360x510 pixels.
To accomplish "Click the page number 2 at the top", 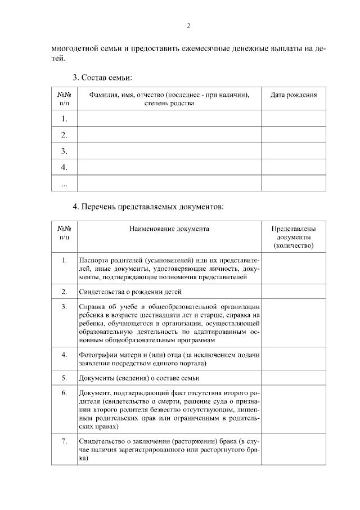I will pos(188,26).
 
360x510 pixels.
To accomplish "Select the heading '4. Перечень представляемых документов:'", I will pos(148,207).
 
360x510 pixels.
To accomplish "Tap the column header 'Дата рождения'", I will pos(293,95).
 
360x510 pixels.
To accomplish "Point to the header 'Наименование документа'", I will pos(169,229).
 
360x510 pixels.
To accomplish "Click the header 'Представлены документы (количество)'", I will pos(293,237).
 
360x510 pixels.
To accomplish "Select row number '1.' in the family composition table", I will pos(64,118).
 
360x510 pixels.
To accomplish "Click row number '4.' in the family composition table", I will pos(64,167).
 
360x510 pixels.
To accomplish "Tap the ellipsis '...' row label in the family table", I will pos(64,184).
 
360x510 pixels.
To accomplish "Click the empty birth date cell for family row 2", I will pos(293,135).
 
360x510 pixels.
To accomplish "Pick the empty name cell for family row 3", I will pos(169,151).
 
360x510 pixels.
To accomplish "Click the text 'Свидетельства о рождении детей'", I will pos(130,292).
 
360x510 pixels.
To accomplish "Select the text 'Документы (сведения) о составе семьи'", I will pos(139,378).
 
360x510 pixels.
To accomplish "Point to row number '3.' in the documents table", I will pos(64,307).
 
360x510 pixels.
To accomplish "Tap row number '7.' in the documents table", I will pos(64,441).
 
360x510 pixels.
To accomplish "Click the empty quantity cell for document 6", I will pos(293,409).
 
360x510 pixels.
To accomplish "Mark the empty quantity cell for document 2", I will pos(293,292).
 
